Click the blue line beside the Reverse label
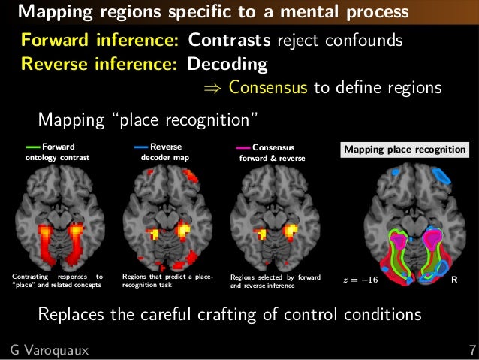pyautogui.click(x=141, y=147)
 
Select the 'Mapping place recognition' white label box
pyautogui.click(x=405, y=150)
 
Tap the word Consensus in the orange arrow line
pyautogui.click(x=268, y=88)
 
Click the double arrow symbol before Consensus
pyautogui.click(x=214, y=89)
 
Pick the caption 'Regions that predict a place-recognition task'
pyautogui.click(x=168, y=281)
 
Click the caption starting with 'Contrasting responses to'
pyautogui.click(x=58, y=281)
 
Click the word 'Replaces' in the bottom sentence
pyautogui.click(x=72, y=313)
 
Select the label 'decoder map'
pyautogui.click(x=165, y=159)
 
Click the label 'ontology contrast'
pyautogui.click(x=57, y=159)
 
